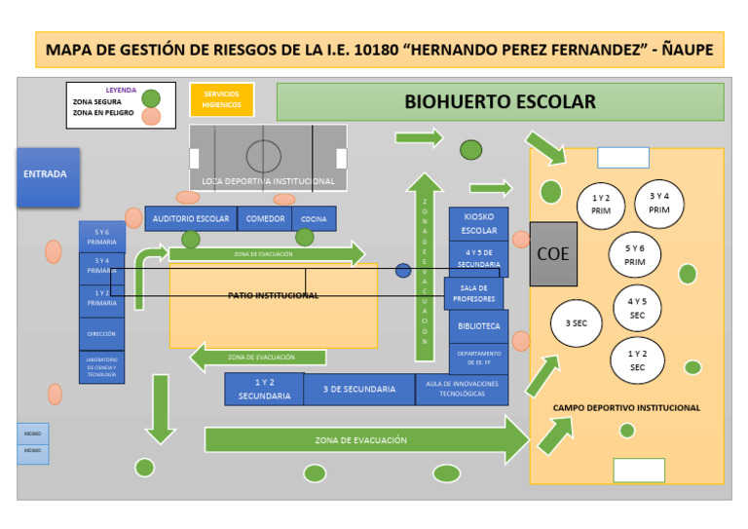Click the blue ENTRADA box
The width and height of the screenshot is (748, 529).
[x=48, y=176]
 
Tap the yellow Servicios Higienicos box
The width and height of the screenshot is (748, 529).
[x=221, y=99]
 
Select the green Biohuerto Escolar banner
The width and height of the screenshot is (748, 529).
[x=500, y=101]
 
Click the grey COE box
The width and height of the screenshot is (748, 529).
[x=553, y=254]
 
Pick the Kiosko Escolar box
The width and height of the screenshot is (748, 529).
[x=478, y=224]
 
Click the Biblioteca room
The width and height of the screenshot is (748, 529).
[x=478, y=326]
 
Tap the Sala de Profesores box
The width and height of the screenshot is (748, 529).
[x=474, y=293]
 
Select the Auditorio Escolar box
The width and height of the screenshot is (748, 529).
[x=191, y=219]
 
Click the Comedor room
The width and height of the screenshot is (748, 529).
[x=265, y=219]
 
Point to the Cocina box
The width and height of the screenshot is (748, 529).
[x=314, y=219]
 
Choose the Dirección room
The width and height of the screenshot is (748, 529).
[x=101, y=334]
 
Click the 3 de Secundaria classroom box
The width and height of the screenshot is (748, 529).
[x=358, y=390]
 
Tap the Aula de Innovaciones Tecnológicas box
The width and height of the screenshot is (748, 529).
[x=462, y=389]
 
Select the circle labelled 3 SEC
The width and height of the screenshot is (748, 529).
[x=577, y=322]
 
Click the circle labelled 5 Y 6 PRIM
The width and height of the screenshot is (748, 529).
[x=635, y=255]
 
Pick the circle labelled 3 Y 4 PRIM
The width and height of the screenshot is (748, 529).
[x=659, y=203]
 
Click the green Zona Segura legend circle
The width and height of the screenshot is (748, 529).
[x=151, y=97]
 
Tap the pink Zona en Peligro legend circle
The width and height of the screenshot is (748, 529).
[x=151, y=117]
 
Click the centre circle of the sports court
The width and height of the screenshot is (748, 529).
[x=263, y=155]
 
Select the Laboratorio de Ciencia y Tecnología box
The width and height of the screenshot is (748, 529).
[x=101, y=367]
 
